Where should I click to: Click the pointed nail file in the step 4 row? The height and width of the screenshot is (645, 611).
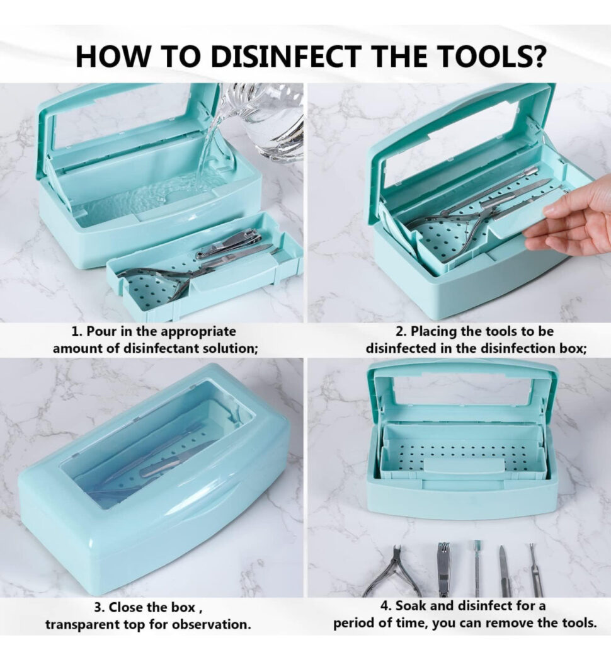pyautogui.click(x=504, y=570)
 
